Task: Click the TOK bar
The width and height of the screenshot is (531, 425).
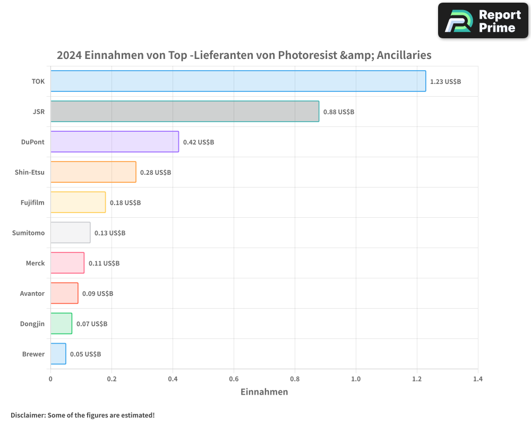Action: pyautogui.click(x=238, y=81)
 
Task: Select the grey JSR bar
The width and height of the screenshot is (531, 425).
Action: pyautogui.click(x=185, y=112)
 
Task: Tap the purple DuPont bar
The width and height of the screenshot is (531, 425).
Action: pyautogui.click(x=115, y=142)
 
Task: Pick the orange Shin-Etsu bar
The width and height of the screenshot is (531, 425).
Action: pyautogui.click(x=93, y=172)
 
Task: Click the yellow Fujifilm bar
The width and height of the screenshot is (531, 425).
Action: pyautogui.click(x=78, y=202)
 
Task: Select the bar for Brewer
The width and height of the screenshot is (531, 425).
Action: pyautogui.click(x=58, y=354)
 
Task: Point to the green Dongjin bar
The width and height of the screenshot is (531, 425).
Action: pyautogui.click(x=61, y=324)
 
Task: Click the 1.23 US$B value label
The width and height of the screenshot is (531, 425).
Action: pyautogui.click(x=446, y=82)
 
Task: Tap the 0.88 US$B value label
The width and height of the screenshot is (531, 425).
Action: pyautogui.click(x=339, y=112)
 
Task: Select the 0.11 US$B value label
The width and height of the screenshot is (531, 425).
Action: pyautogui.click(x=104, y=263)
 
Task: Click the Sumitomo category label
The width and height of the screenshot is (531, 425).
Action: pyautogui.click(x=28, y=233)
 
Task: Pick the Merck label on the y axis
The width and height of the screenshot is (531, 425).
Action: pyautogui.click(x=35, y=263)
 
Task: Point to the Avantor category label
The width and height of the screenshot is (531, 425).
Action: pyautogui.click(x=32, y=293)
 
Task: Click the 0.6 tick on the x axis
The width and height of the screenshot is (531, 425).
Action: pyautogui.click(x=234, y=379)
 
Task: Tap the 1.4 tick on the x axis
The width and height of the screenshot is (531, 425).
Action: pyautogui.click(x=478, y=379)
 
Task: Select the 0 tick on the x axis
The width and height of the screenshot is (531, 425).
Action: pyautogui.click(x=50, y=379)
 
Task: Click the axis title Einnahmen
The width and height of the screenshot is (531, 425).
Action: pyautogui.click(x=264, y=392)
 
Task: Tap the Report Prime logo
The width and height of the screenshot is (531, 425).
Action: pyautogui.click(x=483, y=21)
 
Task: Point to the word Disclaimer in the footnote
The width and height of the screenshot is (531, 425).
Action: pyautogui.click(x=28, y=415)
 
